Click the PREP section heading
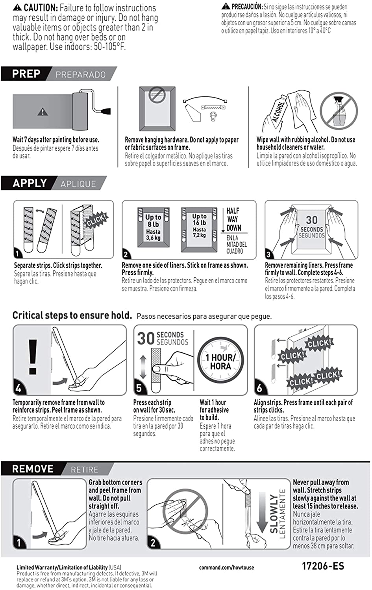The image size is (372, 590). (x=26, y=74)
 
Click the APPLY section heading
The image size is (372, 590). (x=30, y=183)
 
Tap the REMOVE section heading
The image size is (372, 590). (x=33, y=469)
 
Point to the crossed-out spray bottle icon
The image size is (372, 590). (x=339, y=111)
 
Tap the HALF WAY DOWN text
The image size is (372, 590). (x=233, y=219)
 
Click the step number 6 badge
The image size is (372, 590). (x=260, y=388)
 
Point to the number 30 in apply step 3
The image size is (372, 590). (x=312, y=220)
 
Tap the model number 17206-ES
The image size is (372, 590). (x=323, y=566)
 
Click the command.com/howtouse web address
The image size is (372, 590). (x=226, y=568)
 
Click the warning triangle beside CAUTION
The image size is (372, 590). (x=17, y=7)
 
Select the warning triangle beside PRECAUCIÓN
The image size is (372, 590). (x=225, y=6)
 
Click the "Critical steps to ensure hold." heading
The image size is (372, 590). (x=72, y=315)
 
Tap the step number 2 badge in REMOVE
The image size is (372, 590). (x=153, y=543)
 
